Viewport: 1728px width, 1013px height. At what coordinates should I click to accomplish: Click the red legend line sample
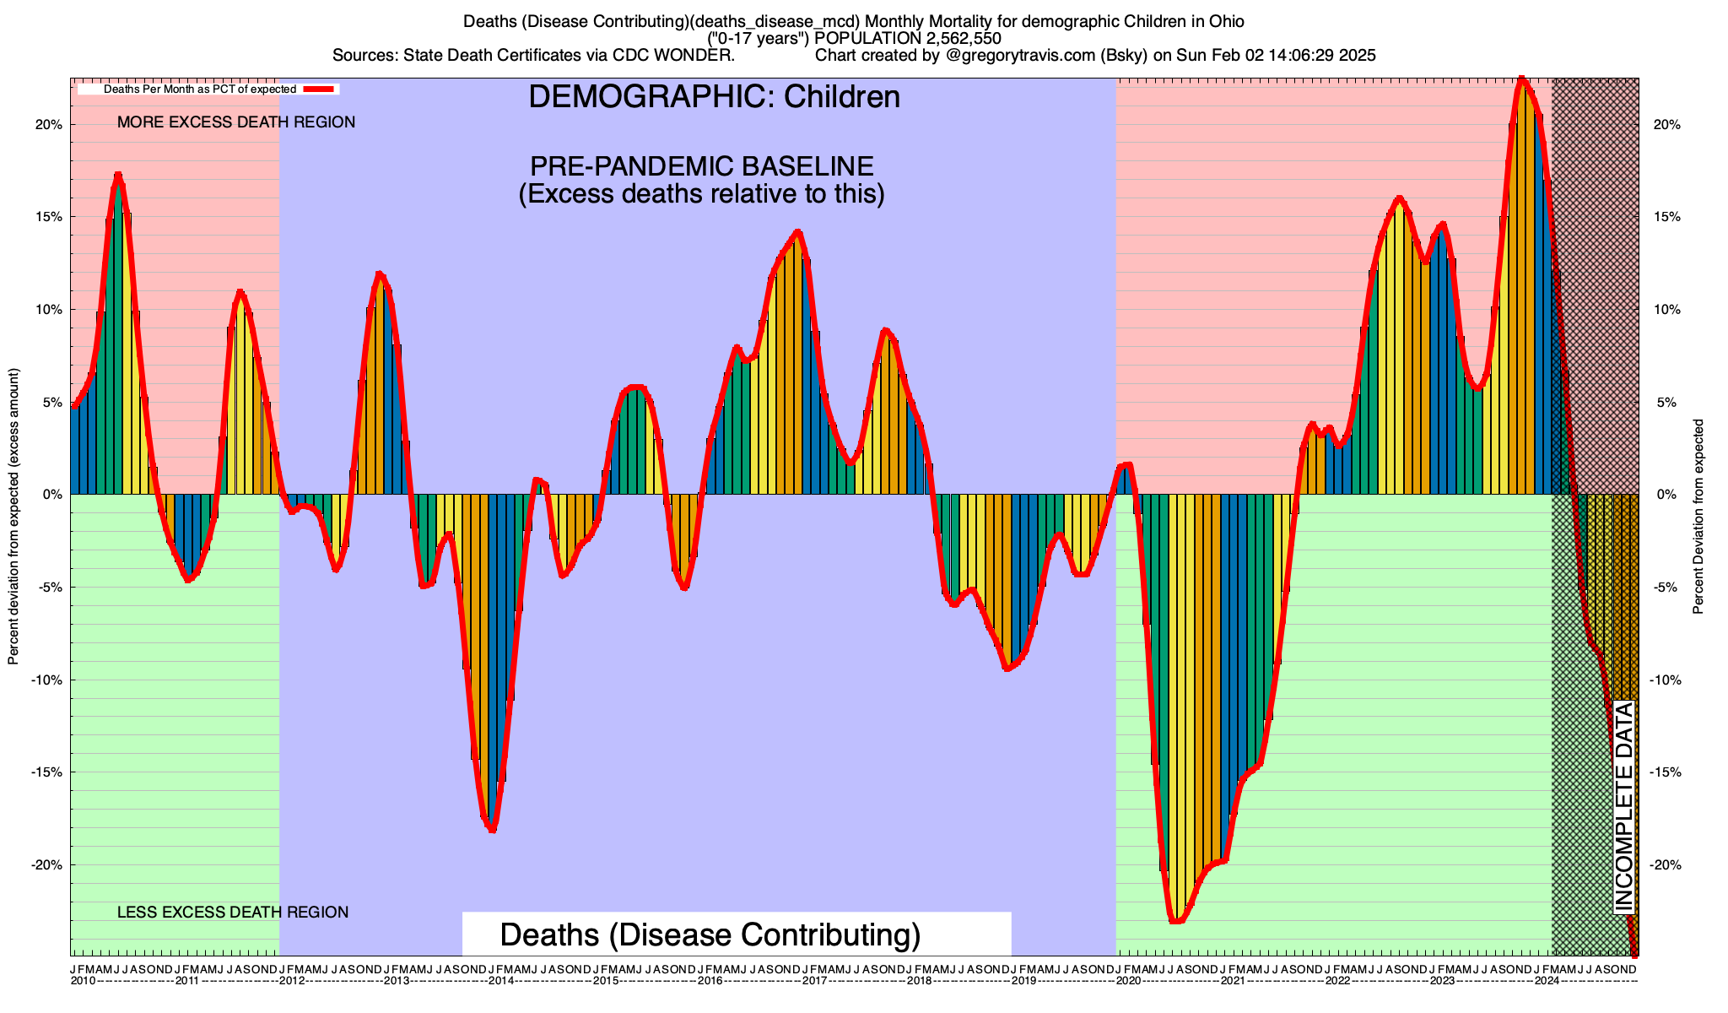click(x=321, y=89)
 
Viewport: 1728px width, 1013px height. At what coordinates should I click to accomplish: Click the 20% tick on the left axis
click(x=48, y=125)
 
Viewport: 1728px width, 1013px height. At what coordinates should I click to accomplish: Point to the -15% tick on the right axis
click(x=1666, y=772)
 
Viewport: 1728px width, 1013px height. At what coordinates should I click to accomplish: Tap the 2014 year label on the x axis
click(x=501, y=981)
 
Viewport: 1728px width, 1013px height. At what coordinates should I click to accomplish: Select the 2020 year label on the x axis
click(x=1128, y=981)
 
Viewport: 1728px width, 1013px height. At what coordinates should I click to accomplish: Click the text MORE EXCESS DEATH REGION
click(x=236, y=122)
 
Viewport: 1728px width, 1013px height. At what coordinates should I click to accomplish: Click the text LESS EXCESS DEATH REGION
click(x=233, y=913)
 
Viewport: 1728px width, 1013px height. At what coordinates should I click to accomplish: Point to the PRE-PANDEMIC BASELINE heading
click(x=701, y=165)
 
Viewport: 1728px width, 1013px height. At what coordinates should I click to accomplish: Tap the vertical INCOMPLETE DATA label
click(x=1624, y=807)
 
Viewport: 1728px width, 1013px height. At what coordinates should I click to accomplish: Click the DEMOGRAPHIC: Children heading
click(x=714, y=97)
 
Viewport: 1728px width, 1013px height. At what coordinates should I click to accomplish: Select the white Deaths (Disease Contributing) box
click(x=736, y=934)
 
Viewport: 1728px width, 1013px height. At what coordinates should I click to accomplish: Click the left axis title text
click(x=13, y=517)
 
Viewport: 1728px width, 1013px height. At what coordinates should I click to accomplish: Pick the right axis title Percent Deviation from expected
click(x=1698, y=517)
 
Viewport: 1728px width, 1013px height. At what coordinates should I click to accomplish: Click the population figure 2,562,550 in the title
click(x=951, y=38)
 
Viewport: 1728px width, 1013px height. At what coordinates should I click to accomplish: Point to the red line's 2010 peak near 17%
click(x=118, y=176)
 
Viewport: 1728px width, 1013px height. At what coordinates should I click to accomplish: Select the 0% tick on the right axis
click(x=1666, y=495)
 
